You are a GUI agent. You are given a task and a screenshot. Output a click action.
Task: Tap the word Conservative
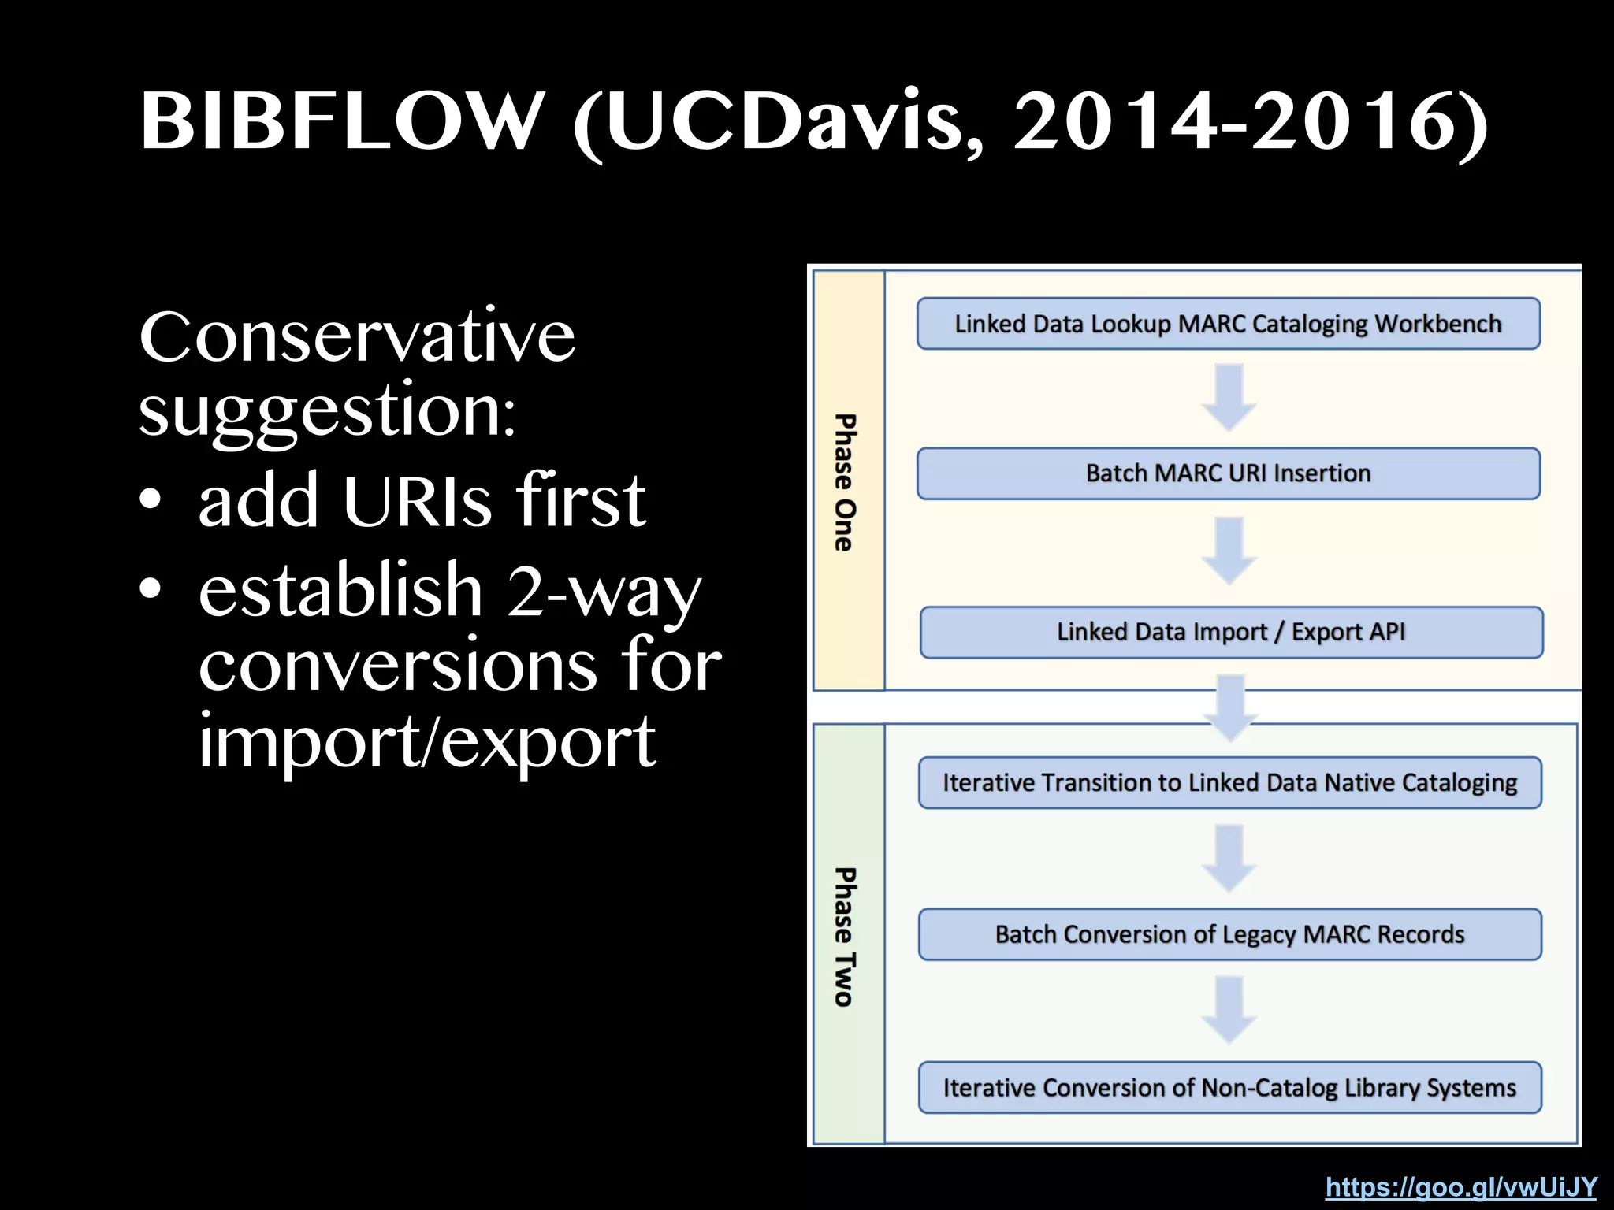357,337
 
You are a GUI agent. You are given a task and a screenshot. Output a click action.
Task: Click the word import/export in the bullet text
426,740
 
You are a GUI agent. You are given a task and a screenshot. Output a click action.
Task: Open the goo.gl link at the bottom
1461,1186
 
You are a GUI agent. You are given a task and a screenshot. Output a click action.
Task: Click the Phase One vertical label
845,482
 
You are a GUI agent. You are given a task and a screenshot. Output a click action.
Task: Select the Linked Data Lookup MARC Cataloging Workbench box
1228,324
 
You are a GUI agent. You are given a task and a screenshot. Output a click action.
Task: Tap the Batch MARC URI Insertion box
1228,473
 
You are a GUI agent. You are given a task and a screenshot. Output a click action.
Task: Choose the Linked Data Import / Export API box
1231,632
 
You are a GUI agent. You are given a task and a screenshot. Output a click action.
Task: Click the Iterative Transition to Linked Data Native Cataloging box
1229,782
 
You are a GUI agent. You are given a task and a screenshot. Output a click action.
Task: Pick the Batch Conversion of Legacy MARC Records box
1229,934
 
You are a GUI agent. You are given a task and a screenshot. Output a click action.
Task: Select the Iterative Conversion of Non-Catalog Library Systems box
1229,1088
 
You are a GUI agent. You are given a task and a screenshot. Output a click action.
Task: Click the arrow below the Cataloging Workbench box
1229,397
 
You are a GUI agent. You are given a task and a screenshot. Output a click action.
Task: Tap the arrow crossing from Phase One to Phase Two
1231,707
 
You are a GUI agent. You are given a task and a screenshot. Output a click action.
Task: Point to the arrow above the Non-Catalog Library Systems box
1229,1010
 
